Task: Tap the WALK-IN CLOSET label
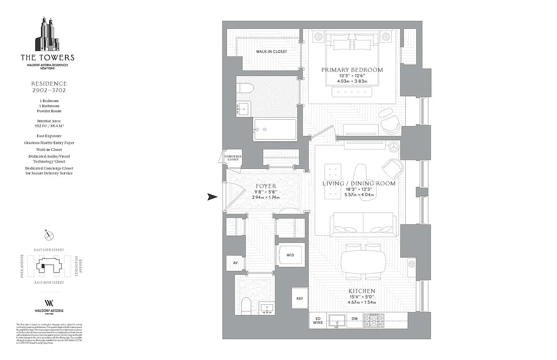(x=271, y=52)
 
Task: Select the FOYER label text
(x=266, y=186)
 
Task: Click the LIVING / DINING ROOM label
(x=359, y=184)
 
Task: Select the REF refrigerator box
(x=299, y=298)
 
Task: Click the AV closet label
(x=235, y=263)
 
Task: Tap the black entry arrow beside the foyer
(x=212, y=197)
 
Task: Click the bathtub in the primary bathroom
(x=275, y=130)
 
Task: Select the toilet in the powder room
(x=246, y=306)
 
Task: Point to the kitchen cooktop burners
(x=373, y=320)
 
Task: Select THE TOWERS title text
(x=47, y=58)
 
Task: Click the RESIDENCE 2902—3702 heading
(x=49, y=87)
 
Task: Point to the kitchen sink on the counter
(x=336, y=320)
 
